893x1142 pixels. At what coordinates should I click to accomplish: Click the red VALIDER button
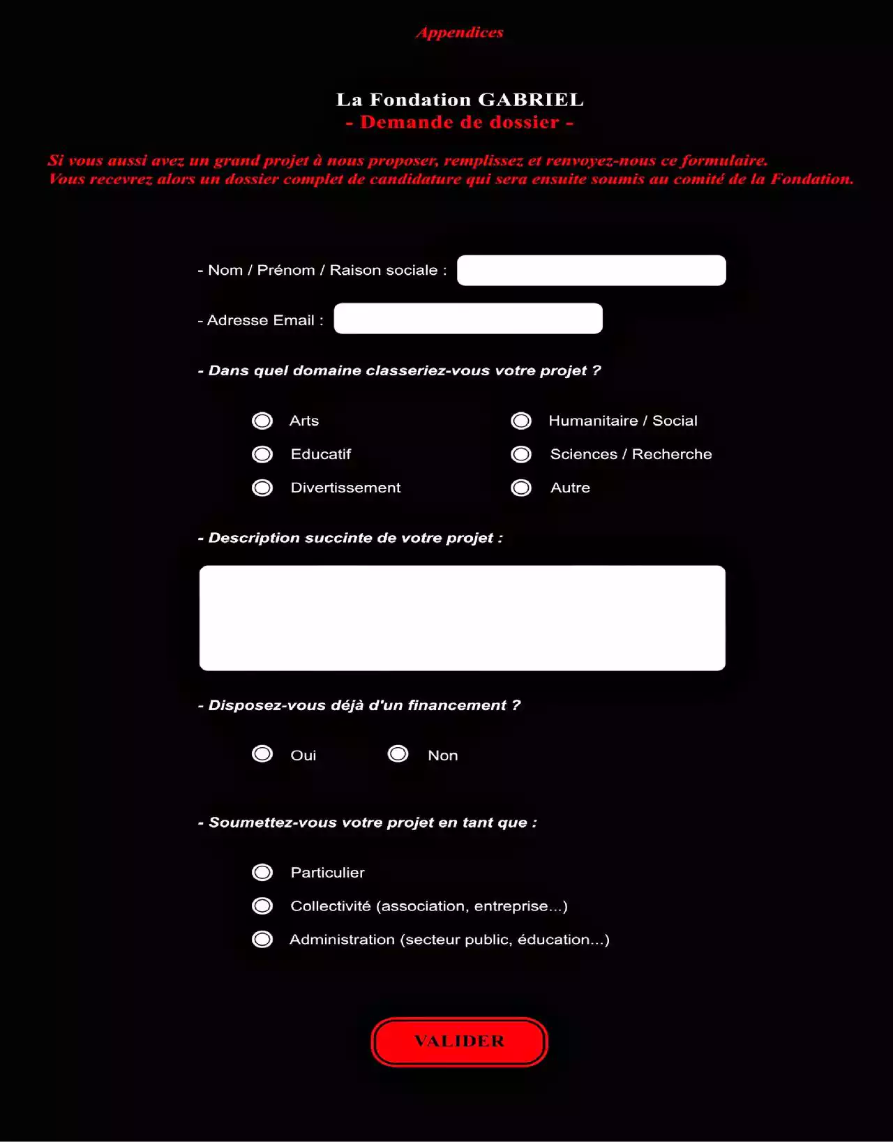tap(459, 1042)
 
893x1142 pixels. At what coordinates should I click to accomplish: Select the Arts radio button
tap(262, 421)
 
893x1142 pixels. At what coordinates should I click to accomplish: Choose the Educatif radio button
tap(262, 454)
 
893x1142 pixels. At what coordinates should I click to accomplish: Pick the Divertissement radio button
tap(262, 488)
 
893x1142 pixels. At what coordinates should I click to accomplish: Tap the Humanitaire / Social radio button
tap(521, 421)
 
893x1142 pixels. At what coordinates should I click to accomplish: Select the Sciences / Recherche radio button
tap(521, 454)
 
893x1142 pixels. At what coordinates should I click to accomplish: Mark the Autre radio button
tap(521, 488)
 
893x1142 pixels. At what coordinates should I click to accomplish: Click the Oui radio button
tap(262, 754)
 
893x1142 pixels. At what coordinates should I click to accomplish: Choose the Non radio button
tap(398, 754)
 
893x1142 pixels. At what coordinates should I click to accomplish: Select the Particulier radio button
tap(262, 872)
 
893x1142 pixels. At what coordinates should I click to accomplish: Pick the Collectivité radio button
tap(262, 906)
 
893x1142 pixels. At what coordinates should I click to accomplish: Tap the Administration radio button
tap(262, 939)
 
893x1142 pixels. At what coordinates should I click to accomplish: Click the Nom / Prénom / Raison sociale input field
tap(591, 270)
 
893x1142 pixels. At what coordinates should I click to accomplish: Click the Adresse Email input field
tap(468, 318)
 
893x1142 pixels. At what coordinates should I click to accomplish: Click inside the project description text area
tap(462, 618)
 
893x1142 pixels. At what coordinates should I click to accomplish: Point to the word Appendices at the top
tap(460, 33)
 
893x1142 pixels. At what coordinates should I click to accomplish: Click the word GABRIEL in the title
tap(530, 100)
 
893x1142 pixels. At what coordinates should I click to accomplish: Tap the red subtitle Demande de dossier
tap(460, 122)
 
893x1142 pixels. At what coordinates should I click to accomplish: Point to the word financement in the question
tap(456, 705)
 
